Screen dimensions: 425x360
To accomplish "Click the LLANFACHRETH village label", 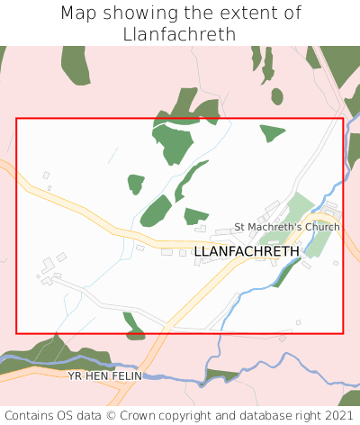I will [x=247, y=251].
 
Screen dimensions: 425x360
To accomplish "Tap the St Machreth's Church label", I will [x=287, y=227].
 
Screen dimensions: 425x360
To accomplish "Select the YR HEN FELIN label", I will [x=105, y=375].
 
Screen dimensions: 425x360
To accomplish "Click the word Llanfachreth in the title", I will [x=180, y=34].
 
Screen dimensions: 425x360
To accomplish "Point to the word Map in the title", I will [x=79, y=14].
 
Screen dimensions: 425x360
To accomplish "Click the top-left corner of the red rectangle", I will [x=17, y=119].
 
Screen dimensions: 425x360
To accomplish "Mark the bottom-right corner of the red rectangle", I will [x=343, y=333].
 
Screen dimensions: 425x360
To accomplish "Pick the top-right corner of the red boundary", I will [x=343, y=119].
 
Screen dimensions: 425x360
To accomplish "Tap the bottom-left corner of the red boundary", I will [x=17, y=333].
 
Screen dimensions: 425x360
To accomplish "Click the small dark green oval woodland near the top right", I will [x=277, y=95].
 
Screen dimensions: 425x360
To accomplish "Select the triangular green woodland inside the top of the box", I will [x=270, y=133].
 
